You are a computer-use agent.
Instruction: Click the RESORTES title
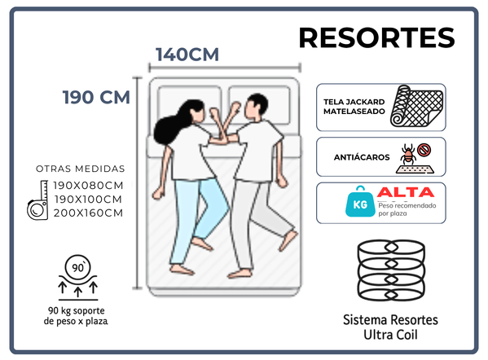(x=376, y=37)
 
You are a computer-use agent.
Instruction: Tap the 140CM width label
(x=187, y=54)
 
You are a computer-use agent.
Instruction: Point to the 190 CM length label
(x=96, y=97)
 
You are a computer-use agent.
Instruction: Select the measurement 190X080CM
(x=88, y=186)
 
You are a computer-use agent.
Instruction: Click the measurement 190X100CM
(x=88, y=199)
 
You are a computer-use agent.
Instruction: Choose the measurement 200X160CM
(x=88, y=213)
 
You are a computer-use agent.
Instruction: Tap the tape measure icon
(x=37, y=200)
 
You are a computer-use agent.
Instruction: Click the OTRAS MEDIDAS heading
(x=81, y=169)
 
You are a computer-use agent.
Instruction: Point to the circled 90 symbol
(x=78, y=267)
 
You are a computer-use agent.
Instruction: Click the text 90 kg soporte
(x=77, y=310)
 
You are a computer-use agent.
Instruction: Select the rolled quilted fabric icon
(x=416, y=106)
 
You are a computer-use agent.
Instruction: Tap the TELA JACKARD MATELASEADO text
(x=354, y=107)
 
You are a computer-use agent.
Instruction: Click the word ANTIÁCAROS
(x=362, y=157)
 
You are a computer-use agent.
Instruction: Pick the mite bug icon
(x=407, y=153)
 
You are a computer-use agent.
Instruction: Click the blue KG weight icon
(x=360, y=202)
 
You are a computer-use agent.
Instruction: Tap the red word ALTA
(x=406, y=192)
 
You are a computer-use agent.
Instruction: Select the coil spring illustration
(x=391, y=270)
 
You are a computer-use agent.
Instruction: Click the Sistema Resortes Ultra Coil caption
(x=390, y=327)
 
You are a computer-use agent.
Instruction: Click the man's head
(x=256, y=107)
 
